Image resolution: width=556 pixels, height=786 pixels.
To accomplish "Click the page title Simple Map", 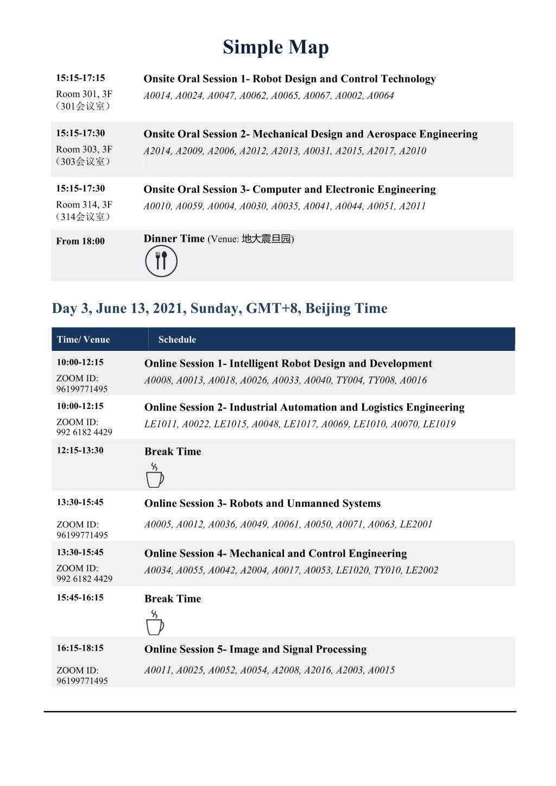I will tap(275, 47).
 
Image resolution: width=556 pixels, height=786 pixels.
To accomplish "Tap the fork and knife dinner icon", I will tap(161, 261).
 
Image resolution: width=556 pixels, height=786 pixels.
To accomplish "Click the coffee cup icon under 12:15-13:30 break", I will tap(155, 475).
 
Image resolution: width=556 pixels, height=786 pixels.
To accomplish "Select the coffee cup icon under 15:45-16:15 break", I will tap(155, 622).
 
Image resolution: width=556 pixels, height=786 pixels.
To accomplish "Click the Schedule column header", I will tap(177, 339).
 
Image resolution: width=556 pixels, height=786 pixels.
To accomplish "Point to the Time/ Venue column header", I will tap(83, 339).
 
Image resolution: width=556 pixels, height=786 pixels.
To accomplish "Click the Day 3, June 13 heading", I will tap(219, 309).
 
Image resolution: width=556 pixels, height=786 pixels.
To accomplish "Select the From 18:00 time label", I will tap(80, 241).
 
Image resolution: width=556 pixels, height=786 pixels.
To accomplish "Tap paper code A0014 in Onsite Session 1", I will tap(157, 96).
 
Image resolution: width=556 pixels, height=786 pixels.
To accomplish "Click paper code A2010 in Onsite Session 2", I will tap(412, 151).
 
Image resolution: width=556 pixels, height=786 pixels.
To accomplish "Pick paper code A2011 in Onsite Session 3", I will tap(412, 206).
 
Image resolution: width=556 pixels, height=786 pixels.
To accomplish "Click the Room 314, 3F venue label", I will tap(84, 205).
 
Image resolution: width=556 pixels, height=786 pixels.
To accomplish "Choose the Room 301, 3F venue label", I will tap(84, 94).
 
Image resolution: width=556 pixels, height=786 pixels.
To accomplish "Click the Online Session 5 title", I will tap(255, 649).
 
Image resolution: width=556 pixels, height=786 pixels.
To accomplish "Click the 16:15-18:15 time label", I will tap(80, 648).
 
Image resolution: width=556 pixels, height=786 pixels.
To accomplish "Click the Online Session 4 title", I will tap(275, 554).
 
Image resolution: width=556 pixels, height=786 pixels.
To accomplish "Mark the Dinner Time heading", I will tap(174, 238).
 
